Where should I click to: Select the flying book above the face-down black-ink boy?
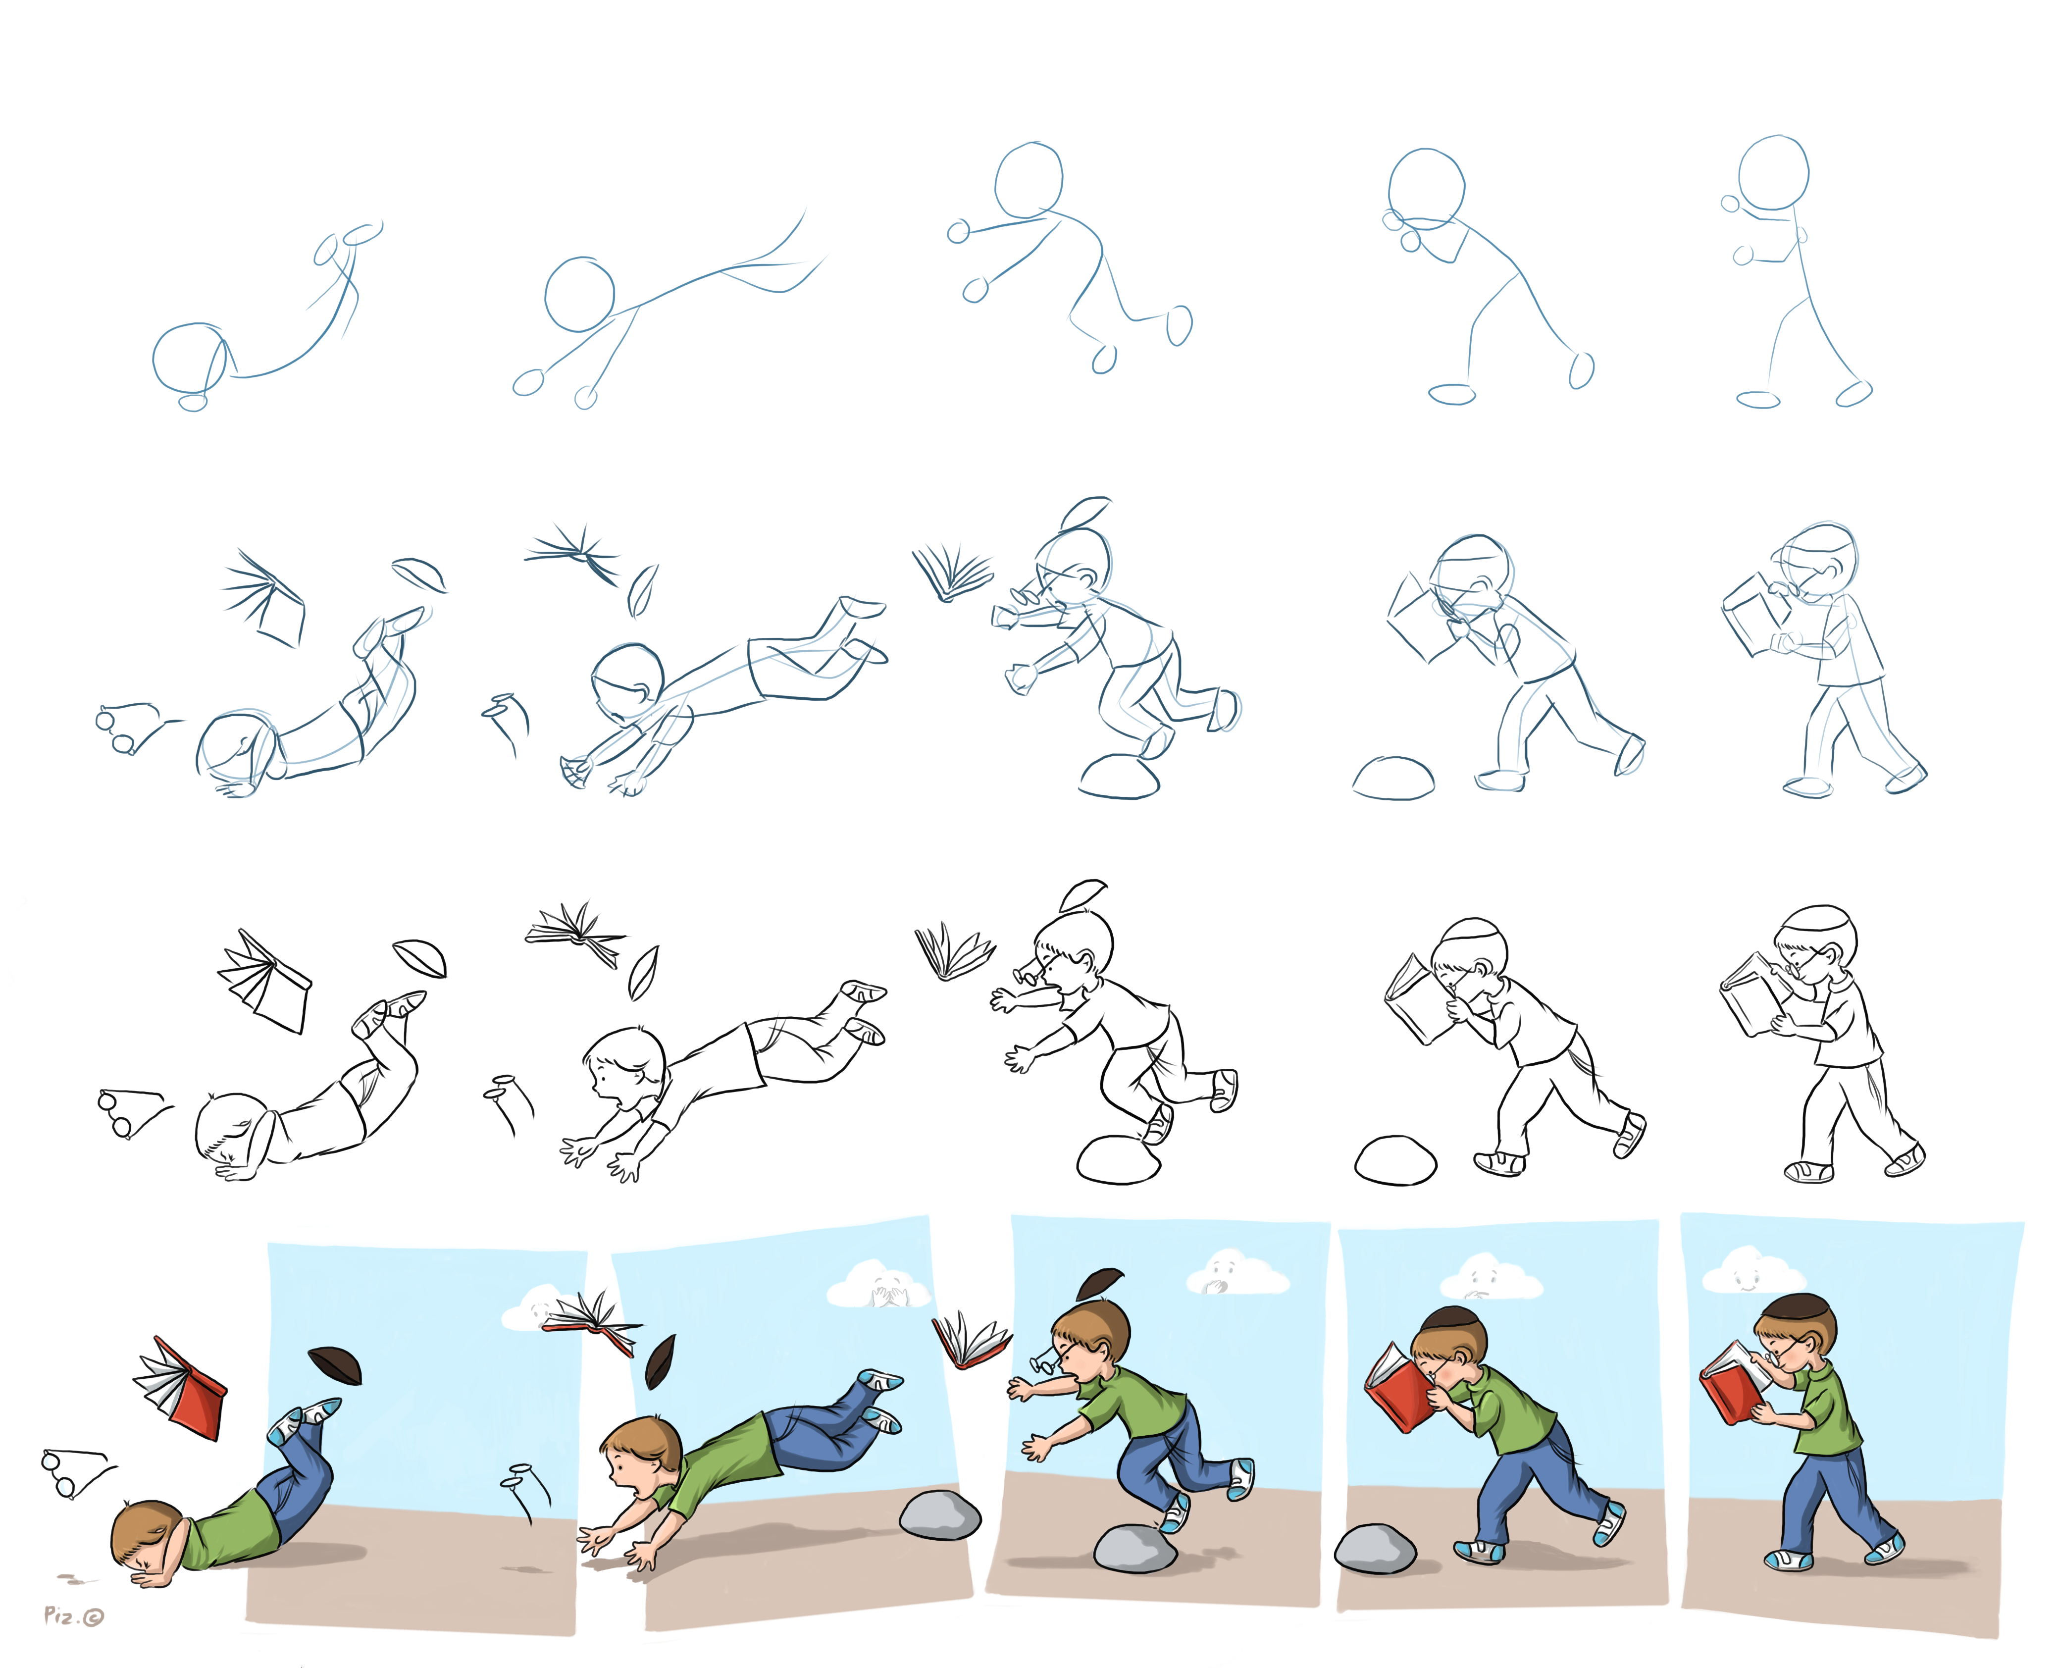click(264, 980)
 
